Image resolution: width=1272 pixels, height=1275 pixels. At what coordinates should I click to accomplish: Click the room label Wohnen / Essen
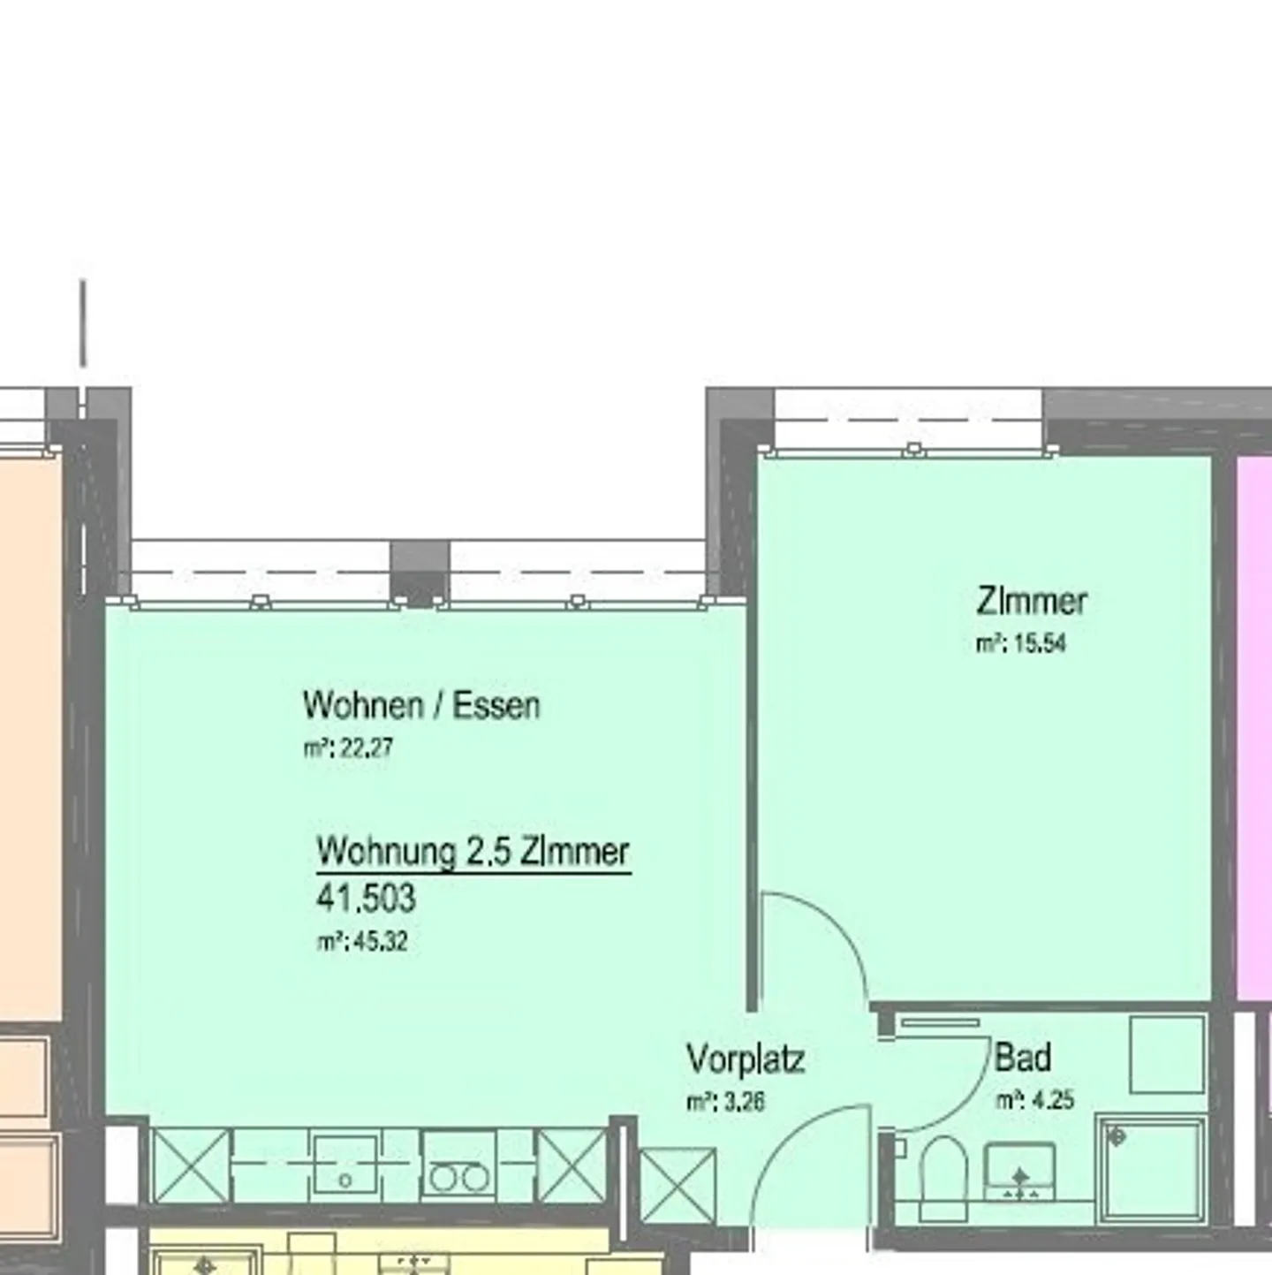(x=420, y=705)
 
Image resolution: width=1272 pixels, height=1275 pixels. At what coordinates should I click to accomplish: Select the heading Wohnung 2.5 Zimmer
(x=473, y=852)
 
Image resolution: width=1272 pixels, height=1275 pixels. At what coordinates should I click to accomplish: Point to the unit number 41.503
(x=366, y=899)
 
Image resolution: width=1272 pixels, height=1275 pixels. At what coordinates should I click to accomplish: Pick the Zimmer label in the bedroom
(x=1031, y=602)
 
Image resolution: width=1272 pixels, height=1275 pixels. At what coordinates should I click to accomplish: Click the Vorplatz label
(x=746, y=1059)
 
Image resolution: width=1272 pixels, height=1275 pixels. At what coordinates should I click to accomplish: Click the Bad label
(x=1023, y=1057)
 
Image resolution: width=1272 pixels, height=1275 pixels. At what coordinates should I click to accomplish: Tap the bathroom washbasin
(x=1019, y=1172)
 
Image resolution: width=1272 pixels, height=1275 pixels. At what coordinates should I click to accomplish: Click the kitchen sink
(x=346, y=1166)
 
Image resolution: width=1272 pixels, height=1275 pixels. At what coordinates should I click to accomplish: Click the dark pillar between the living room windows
(x=420, y=572)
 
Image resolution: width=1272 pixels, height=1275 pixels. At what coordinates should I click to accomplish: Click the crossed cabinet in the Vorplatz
(x=678, y=1184)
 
